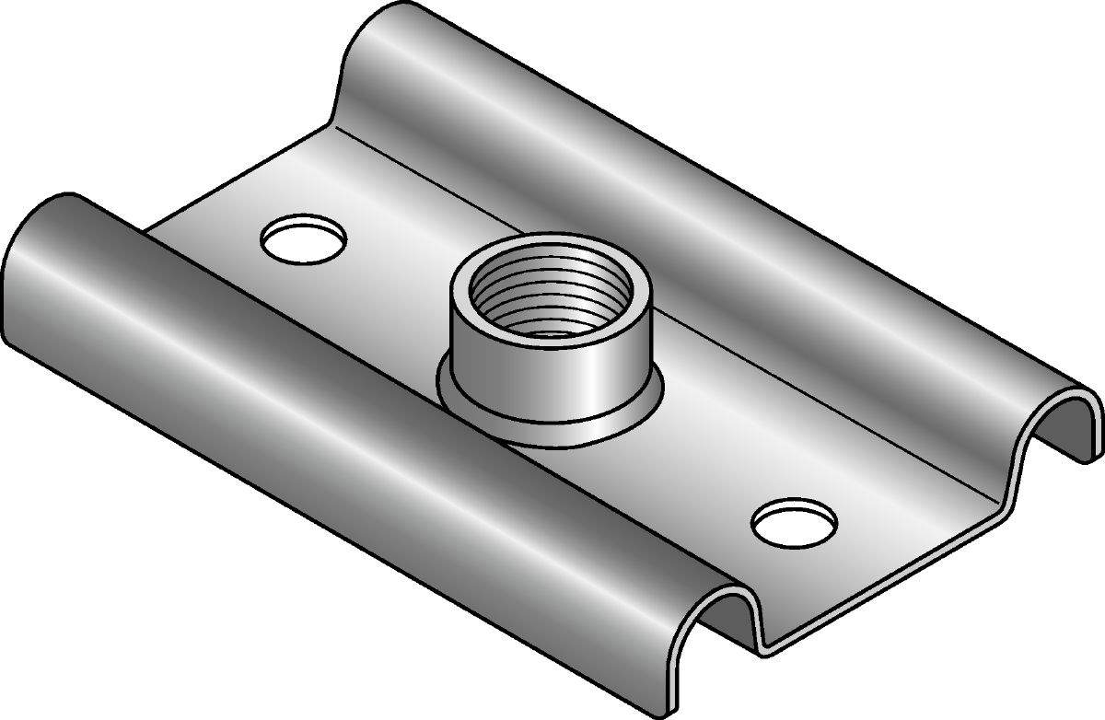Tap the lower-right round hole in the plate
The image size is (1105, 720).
[x=794, y=523]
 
